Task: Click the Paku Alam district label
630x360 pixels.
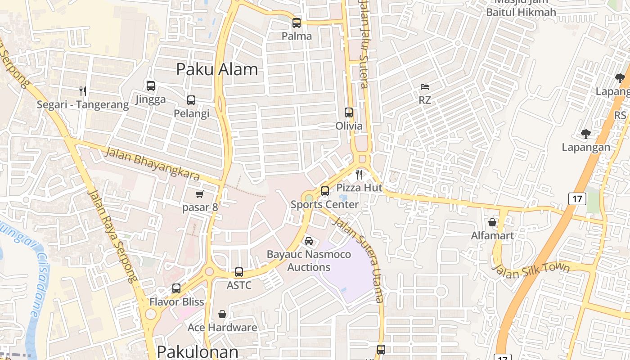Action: point(217,69)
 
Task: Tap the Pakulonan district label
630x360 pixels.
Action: point(198,351)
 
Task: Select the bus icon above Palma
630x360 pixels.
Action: point(297,23)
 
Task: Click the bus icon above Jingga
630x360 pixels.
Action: point(151,86)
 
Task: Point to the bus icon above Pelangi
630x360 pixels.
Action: point(191,100)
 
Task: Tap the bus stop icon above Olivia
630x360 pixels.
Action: point(349,112)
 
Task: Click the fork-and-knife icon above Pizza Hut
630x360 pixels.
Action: point(359,174)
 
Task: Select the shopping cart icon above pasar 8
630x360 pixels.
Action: point(199,194)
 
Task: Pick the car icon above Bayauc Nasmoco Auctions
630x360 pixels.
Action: point(309,241)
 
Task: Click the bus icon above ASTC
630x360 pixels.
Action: point(239,272)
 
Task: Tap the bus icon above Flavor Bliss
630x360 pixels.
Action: point(176,288)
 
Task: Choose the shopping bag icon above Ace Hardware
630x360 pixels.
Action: point(222,314)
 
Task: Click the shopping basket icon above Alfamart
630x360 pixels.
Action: point(492,222)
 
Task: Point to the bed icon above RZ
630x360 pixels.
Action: point(425,87)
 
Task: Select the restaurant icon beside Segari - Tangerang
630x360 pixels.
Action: point(82,91)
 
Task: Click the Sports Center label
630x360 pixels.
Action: point(324,204)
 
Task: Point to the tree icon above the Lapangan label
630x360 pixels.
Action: point(585,134)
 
